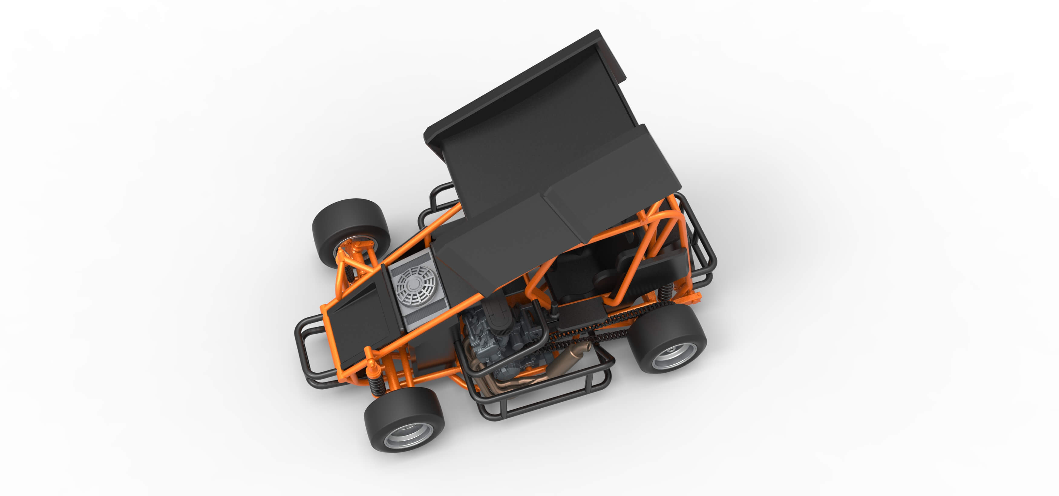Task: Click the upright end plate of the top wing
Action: click(x=613, y=57)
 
